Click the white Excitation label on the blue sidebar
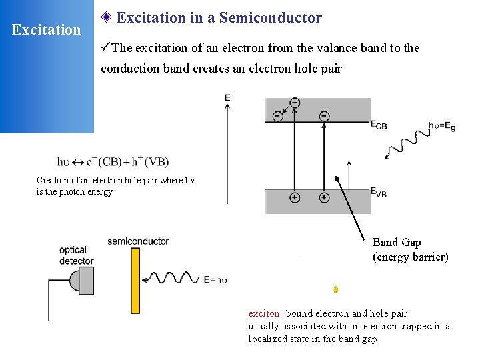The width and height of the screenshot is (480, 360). (47, 30)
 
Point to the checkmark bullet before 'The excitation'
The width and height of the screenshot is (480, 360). (105, 48)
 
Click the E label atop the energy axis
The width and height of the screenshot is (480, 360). (228, 97)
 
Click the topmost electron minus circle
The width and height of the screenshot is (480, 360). (295, 103)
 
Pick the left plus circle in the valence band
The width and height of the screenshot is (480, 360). (294, 198)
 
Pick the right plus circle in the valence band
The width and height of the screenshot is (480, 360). (324, 198)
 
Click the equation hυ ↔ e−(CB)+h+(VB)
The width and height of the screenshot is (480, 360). (113, 161)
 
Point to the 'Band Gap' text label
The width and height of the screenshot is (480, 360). (397, 242)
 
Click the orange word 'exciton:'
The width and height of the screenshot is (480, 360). (265, 313)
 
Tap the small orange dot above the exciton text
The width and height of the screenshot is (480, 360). (336, 289)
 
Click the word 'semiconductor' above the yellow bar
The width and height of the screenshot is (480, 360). (138, 241)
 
